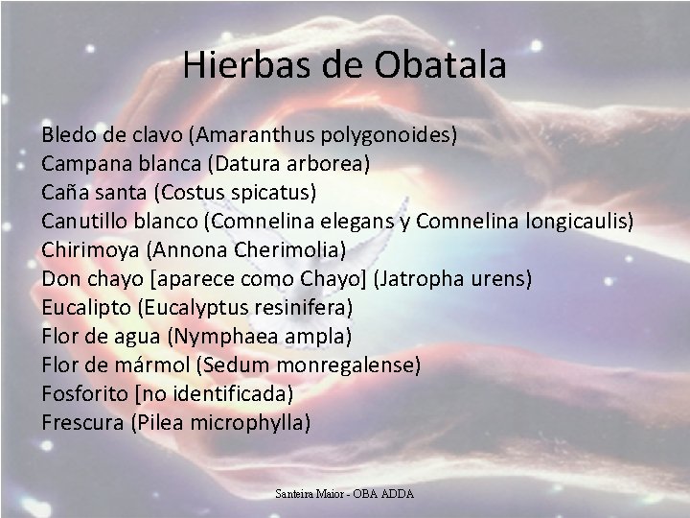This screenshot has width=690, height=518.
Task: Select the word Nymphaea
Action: [217, 336]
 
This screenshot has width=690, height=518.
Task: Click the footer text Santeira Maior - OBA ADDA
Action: [344, 494]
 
